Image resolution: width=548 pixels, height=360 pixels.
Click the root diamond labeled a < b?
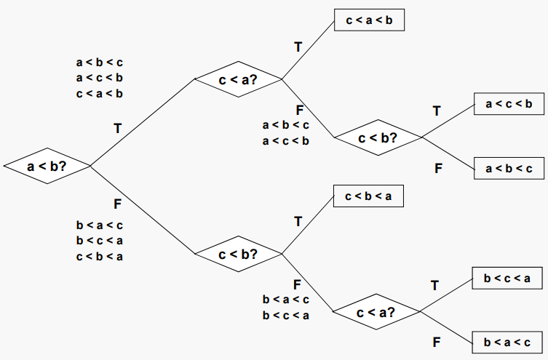[47, 167]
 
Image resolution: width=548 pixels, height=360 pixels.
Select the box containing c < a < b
[368, 20]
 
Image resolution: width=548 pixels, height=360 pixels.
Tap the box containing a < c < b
[509, 105]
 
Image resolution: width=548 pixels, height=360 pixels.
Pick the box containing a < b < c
[509, 169]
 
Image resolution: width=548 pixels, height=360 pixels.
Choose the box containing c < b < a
[368, 196]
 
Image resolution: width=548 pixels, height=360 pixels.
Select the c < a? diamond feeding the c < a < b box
[239, 79]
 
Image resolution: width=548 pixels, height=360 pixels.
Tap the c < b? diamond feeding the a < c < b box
[377, 137]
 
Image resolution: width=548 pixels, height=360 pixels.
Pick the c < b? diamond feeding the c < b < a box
[239, 254]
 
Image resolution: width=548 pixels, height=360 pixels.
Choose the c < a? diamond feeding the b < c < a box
[376, 312]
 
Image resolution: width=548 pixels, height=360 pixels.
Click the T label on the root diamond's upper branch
[117, 129]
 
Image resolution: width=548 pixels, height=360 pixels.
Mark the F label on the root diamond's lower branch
[117, 203]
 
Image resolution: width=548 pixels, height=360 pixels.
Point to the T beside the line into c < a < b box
[298, 47]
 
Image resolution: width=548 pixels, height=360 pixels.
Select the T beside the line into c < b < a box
[298, 221]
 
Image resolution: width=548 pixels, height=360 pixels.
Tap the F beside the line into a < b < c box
[439, 168]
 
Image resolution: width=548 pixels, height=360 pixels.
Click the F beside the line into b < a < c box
[437, 341]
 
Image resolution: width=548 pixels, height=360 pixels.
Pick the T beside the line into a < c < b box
[437, 111]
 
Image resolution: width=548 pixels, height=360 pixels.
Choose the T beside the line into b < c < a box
[435, 285]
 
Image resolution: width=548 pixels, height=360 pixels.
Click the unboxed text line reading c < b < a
[99, 256]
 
